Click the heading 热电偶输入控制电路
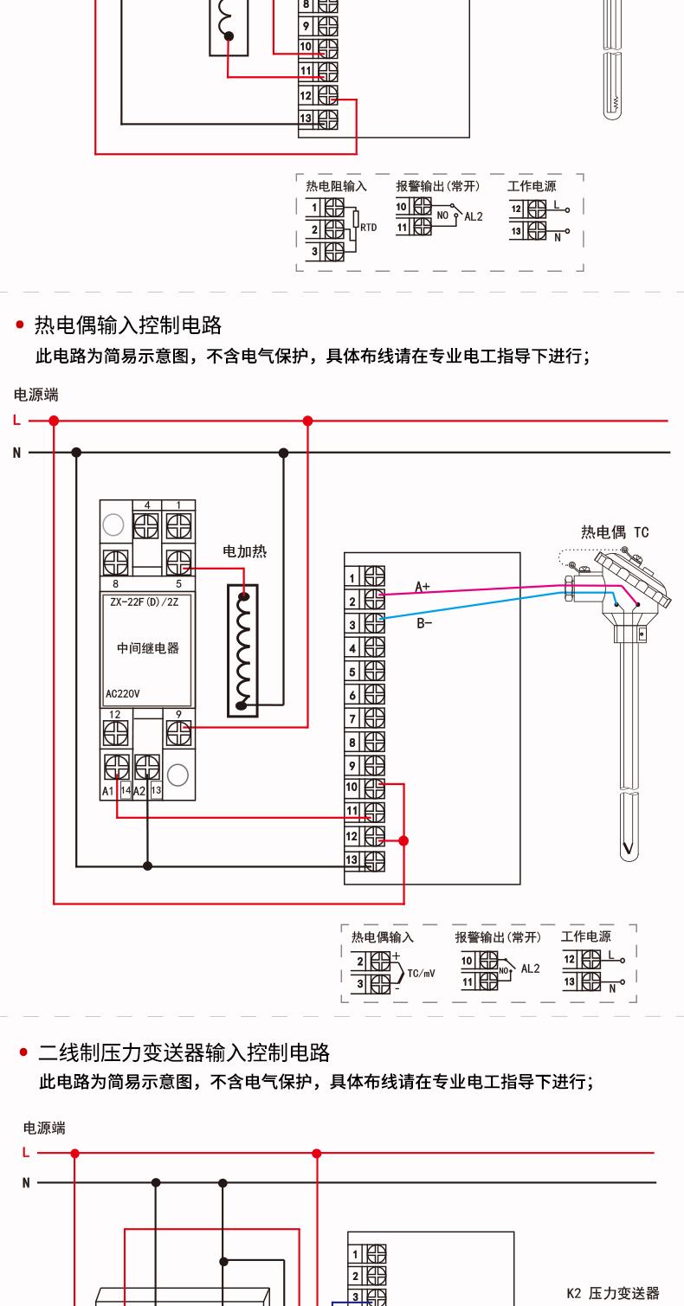128,325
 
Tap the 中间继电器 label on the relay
147,648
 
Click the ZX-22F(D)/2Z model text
145,602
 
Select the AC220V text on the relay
122,694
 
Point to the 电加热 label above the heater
244,551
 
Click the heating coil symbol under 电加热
242,650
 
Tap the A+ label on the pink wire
423,587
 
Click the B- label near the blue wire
424,624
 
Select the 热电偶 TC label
615,532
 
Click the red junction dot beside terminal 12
403,840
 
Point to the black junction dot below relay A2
147,866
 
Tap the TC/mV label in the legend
421,974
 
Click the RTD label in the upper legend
369,228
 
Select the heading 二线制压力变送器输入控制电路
184,1052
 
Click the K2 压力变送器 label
613,1293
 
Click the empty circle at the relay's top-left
113,524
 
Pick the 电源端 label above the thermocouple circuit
36,395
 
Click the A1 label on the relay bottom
108,791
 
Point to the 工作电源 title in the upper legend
532,186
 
